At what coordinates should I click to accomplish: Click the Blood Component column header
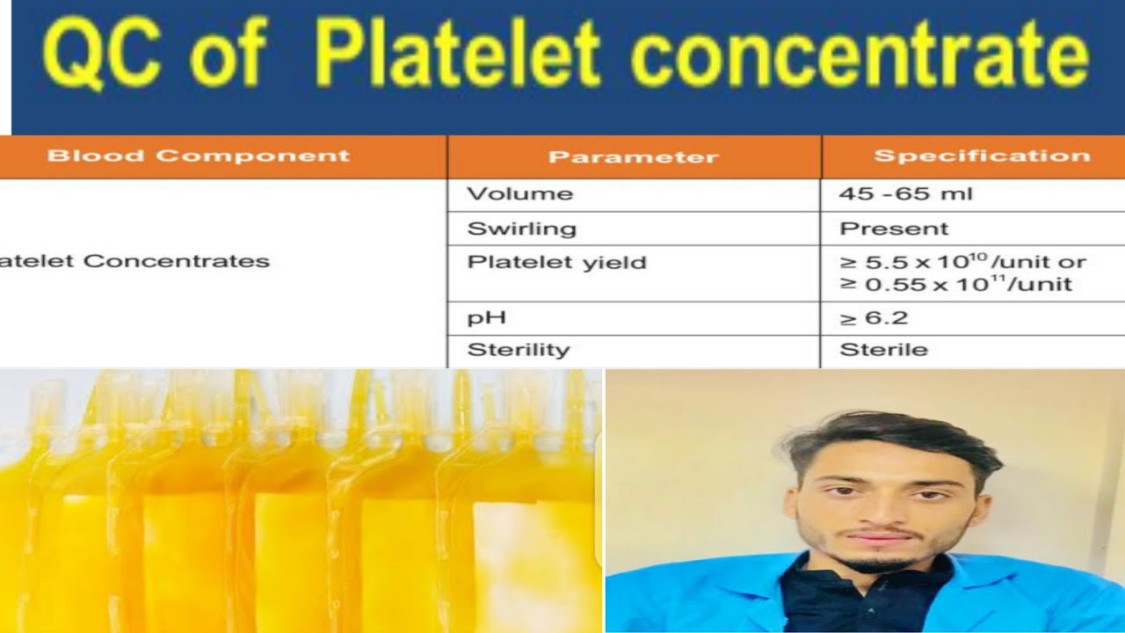point(198,156)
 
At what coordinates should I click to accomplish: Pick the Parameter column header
point(633,157)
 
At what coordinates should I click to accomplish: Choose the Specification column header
point(981,156)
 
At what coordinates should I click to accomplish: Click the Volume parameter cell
point(519,193)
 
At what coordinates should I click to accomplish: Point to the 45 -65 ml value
point(905,193)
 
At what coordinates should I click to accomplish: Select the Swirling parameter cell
point(521,229)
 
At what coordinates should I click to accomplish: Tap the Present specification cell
point(894,229)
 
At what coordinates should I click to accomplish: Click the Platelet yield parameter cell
point(556,262)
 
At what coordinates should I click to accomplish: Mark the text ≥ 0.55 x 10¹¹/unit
point(955,284)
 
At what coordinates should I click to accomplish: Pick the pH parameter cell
point(486,317)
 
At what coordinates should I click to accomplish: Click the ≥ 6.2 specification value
point(874,317)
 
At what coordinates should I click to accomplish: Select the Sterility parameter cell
point(518,350)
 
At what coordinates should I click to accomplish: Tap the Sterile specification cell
point(883,350)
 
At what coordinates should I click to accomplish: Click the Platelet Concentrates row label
point(134,261)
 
